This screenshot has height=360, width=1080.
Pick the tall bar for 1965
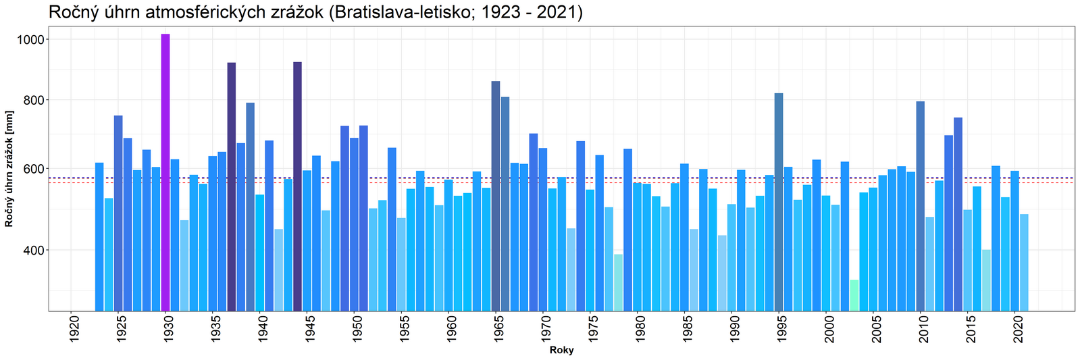tap(496, 196)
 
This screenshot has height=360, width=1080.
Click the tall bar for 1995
tap(779, 202)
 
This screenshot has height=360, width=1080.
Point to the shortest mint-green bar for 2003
tap(854, 295)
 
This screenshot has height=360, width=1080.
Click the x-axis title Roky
tap(561, 351)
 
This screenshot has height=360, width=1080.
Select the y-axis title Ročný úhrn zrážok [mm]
tap(10, 168)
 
